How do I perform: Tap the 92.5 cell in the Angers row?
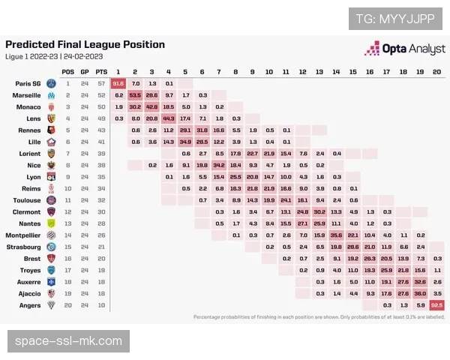[x=437, y=305]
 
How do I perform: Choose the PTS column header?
[x=100, y=70]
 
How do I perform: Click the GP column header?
[x=85, y=70]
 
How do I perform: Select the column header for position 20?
[x=437, y=70]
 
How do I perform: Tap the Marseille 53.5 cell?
[x=136, y=95]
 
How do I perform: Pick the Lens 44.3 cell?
[x=169, y=118]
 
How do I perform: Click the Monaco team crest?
[x=51, y=107]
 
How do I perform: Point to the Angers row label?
[x=29, y=305]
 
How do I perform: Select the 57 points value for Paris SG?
[x=100, y=83]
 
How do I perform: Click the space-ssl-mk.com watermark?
[x=68, y=342]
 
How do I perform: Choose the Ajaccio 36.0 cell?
[x=421, y=293]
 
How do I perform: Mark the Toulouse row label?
[x=28, y=200]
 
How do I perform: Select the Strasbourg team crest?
[x=51, y=247]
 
